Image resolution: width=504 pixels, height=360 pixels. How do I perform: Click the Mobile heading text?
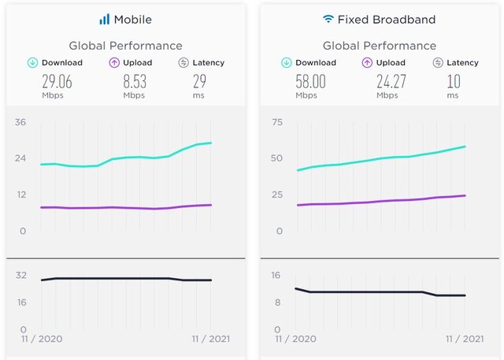132,19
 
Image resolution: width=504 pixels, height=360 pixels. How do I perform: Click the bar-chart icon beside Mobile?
105,19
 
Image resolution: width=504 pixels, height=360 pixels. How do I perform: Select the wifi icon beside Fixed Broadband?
328,18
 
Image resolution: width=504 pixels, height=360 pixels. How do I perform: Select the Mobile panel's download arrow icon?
32,62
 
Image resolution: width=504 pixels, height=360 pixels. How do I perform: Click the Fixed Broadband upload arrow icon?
368,62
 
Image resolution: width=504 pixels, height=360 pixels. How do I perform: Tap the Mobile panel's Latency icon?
183,62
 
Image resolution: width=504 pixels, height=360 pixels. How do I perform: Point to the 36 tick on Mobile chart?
20,122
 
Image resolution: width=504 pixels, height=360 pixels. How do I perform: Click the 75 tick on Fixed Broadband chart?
276,122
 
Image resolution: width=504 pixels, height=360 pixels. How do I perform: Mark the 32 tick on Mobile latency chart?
21,275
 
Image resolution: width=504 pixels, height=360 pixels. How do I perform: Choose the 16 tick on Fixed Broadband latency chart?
276,275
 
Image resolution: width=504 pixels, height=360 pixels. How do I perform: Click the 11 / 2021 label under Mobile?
210,339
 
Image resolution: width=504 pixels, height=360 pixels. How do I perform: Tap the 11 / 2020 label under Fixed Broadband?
296,339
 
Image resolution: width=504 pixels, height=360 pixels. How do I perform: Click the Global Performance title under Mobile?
125,46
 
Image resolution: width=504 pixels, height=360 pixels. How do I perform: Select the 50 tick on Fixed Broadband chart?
276,158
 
